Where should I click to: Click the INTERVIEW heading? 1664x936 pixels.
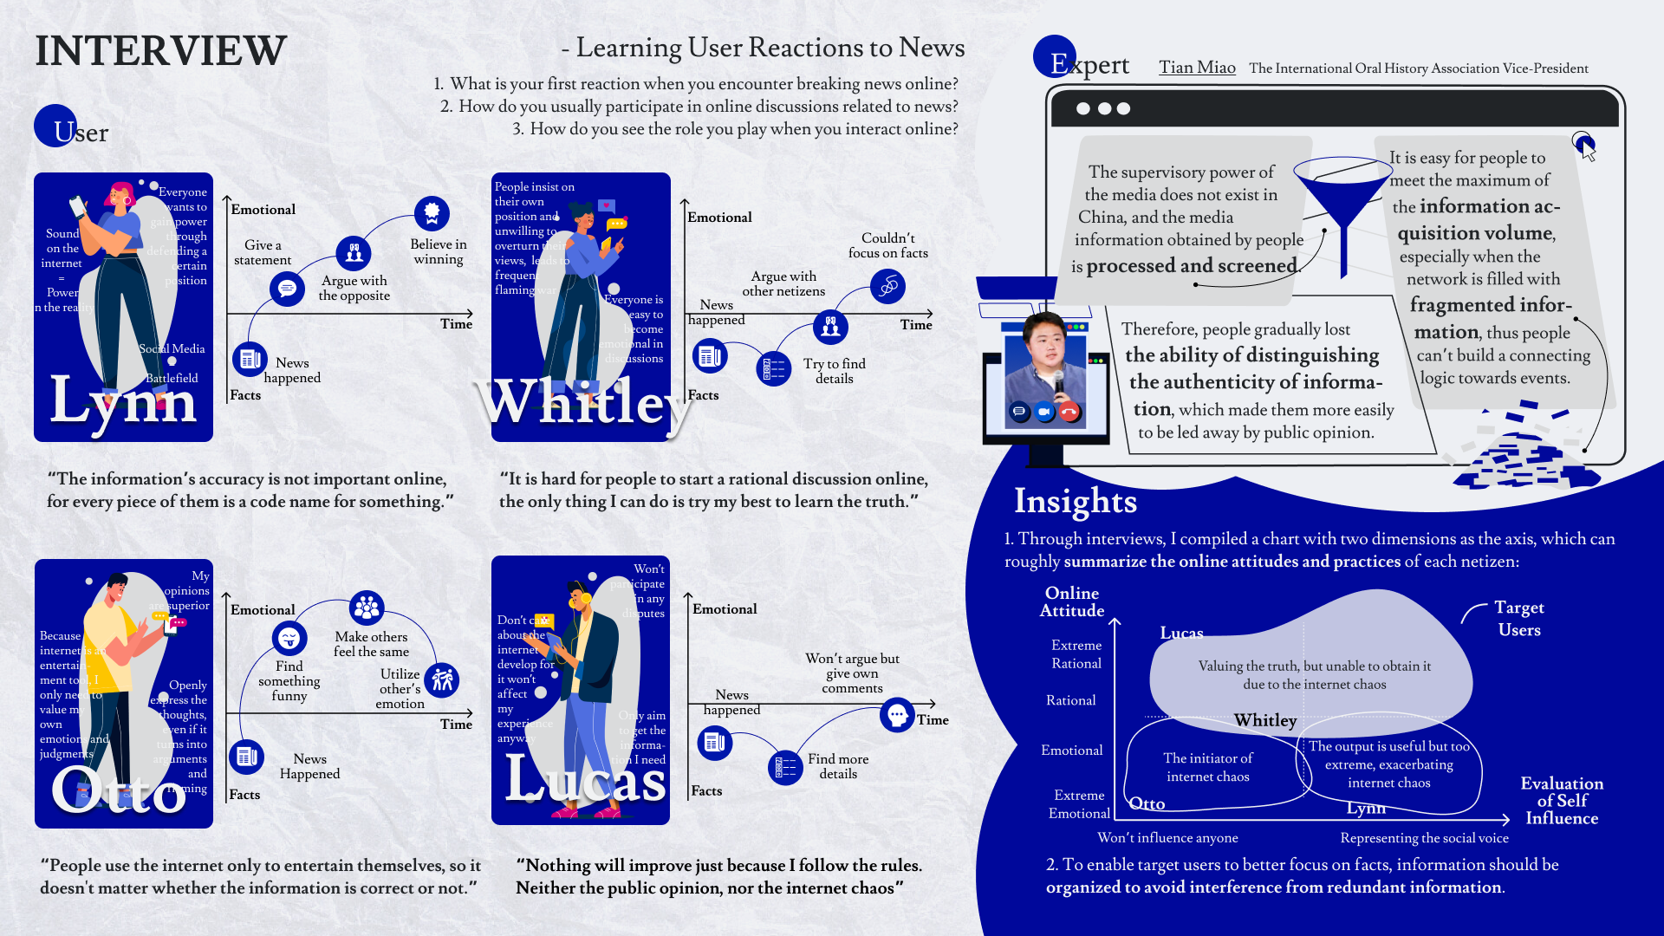click(160, 50)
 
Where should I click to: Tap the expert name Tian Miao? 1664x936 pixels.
click(1197, 68)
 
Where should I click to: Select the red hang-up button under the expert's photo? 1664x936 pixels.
click(1069, 412)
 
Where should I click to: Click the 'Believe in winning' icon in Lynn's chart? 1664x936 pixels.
click(432, 213)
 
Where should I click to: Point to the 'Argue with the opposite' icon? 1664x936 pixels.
click(354, 252)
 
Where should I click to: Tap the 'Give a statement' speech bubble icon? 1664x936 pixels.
click(287, 289)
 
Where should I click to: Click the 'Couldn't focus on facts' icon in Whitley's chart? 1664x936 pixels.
click(888, 286)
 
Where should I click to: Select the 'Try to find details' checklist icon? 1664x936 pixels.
click(773, 369)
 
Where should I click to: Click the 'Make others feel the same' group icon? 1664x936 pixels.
click(367, 608)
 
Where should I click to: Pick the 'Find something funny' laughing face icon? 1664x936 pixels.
click(289, 639)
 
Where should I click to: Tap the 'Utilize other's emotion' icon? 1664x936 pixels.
click(442, 679)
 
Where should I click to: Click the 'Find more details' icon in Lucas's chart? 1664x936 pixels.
click(786, 768)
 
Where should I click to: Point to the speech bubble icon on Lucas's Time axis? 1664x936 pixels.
click(897, 715)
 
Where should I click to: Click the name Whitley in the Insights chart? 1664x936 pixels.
click(1265, 720)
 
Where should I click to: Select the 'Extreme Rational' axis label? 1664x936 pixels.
click(1076, 654)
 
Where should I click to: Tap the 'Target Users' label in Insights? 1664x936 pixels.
click(1518, 619)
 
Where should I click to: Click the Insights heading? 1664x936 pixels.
click(1075, 501)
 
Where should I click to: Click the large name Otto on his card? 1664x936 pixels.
click(119, 789)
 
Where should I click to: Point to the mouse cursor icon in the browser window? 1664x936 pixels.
click(1585, 146)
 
